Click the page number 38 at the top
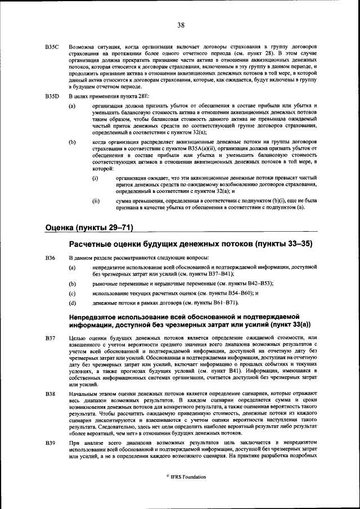[x=181, y=25]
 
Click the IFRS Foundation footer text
[x=188, y=477]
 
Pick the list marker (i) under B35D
[x=96, y=178]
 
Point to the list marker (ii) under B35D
[x=96, y=200]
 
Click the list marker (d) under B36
[x=72, y=303]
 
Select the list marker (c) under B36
[x=72, y=294]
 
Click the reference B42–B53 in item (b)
[x=257, y=284]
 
